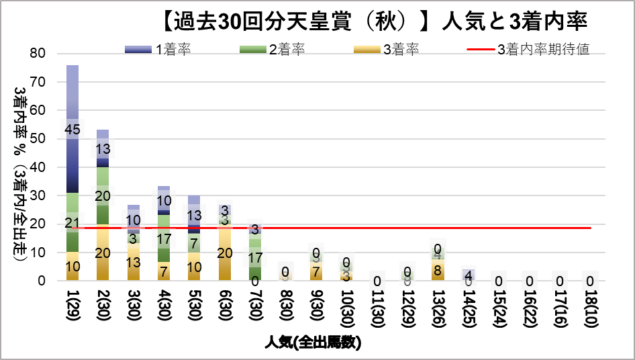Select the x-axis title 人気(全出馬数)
coord(312,343)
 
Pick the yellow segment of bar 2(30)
coord(103,253)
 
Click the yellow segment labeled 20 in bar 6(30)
coord(224,253)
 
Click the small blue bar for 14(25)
coord(468,275)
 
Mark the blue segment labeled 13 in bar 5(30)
coord(194,215)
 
